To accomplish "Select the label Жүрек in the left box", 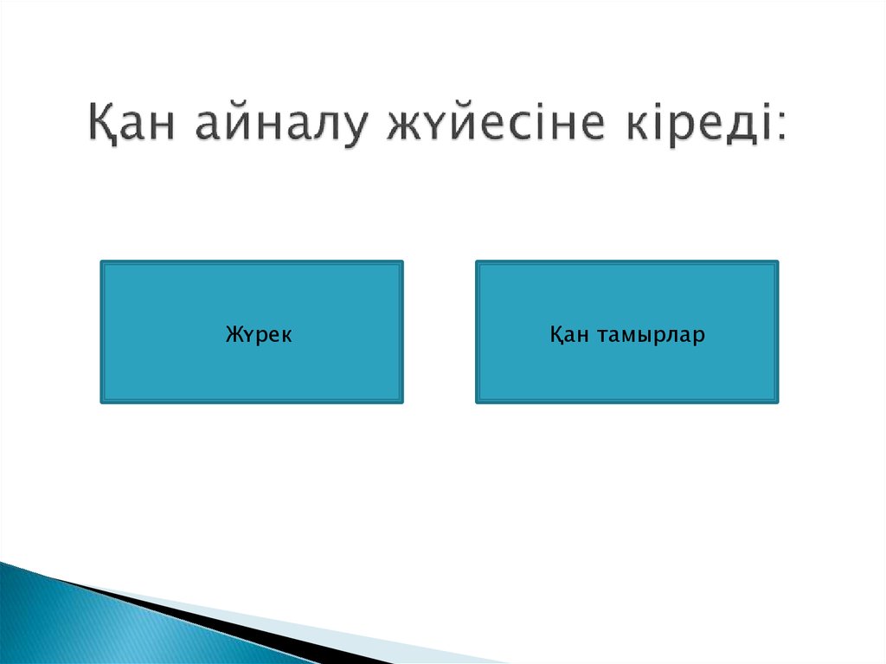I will click(x=258, y=334).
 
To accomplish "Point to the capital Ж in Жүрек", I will click(x=232, y=334).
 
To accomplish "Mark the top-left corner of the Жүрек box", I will click(x=101, y=261).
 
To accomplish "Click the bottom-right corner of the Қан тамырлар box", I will click(x=777, y=403).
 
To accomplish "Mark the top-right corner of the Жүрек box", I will click(x=402, y=261).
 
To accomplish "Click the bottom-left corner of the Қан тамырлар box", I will click(x=477, y=403).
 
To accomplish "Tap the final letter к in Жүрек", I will click(x=286, y=335).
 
